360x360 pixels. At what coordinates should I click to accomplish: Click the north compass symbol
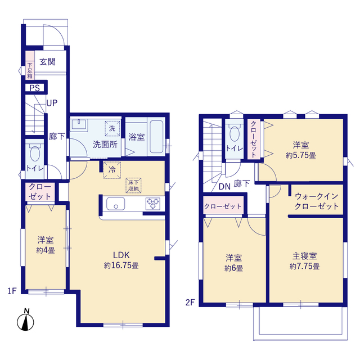point(25,320)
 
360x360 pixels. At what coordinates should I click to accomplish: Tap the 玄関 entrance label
point(47,62)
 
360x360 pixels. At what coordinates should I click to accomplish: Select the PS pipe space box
point(35,88)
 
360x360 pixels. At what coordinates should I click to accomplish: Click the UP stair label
point(52,103)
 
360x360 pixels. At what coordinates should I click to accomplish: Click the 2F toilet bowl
point(235,132)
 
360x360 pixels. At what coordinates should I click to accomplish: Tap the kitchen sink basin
point(116,204)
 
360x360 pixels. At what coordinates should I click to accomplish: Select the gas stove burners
point(153,204)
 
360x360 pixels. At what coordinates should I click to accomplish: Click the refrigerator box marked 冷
point(112,170)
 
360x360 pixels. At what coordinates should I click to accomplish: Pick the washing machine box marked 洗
point(112,128)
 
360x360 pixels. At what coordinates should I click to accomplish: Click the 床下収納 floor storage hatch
point(133,186)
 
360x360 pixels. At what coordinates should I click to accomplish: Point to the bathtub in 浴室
point(156,137)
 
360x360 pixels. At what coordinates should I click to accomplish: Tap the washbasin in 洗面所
point(79,125)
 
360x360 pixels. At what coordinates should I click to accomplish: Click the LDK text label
point(121,255)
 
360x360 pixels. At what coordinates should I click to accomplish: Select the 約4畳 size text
point(46,250)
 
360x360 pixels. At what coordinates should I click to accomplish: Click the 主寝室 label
point(304,256)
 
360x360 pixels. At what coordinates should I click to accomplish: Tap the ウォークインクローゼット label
point(316,201)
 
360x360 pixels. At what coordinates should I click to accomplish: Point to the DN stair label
point(224,187)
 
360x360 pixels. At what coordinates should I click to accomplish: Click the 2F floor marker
point(190,303)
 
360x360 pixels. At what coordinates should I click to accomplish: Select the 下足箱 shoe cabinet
point(30,65)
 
